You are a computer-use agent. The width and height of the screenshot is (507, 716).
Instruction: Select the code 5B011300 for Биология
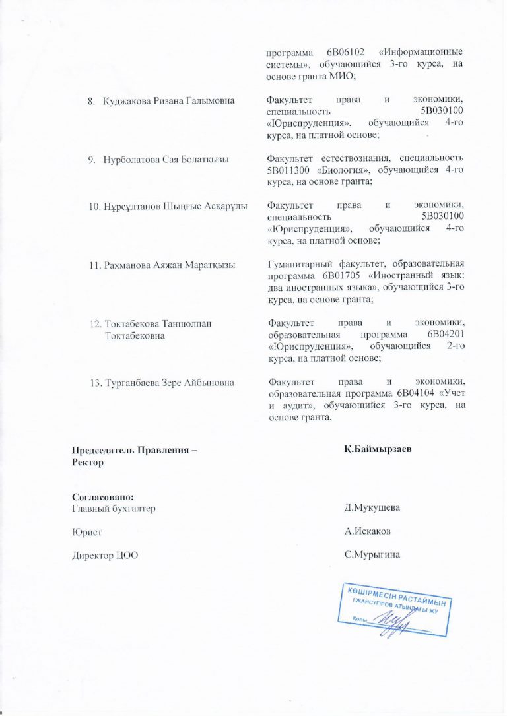(289, 170)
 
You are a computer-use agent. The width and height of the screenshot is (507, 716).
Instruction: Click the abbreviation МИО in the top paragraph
(339, 76)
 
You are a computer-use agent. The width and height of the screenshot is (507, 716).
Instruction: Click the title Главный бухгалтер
(114, 508)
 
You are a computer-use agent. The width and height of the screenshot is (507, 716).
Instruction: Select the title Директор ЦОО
(105, 554)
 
